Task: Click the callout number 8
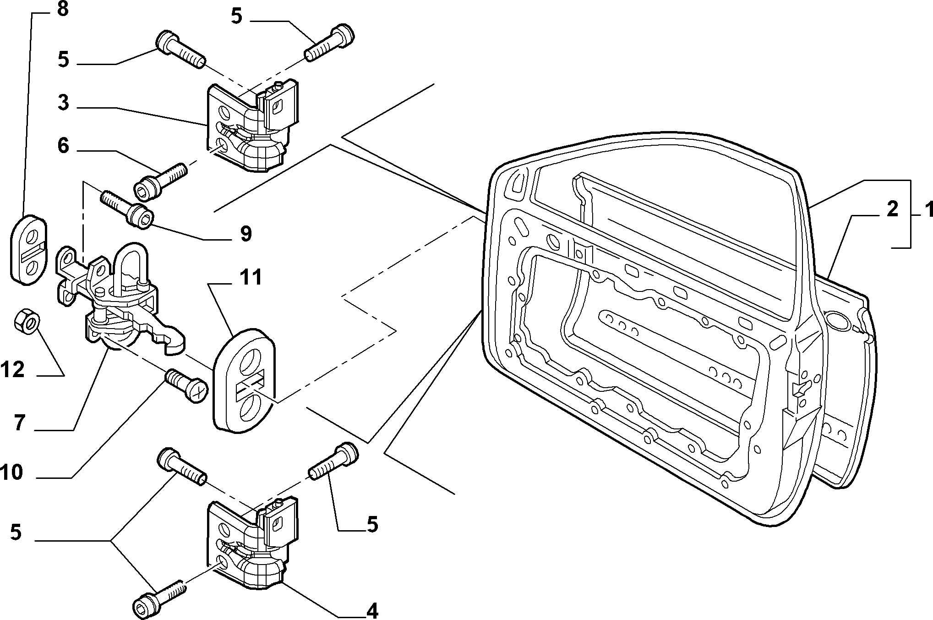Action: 63,9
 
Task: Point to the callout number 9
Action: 246,234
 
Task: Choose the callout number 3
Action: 63,103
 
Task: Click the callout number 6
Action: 63,146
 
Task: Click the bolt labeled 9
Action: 127,208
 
